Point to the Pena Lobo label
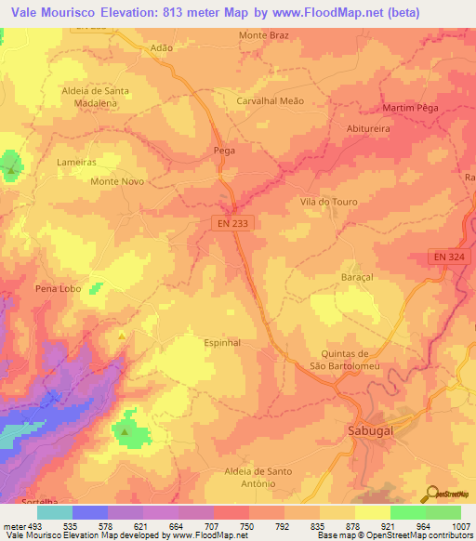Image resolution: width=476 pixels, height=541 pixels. point(58,289)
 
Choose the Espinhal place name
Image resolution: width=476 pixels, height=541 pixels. point(222,342)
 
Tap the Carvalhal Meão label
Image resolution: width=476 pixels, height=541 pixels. point(271,100)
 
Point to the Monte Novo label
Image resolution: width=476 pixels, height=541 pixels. point(116,181)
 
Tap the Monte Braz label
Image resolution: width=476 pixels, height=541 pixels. point(265,35)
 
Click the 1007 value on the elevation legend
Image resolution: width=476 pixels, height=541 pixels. point(460,526)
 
